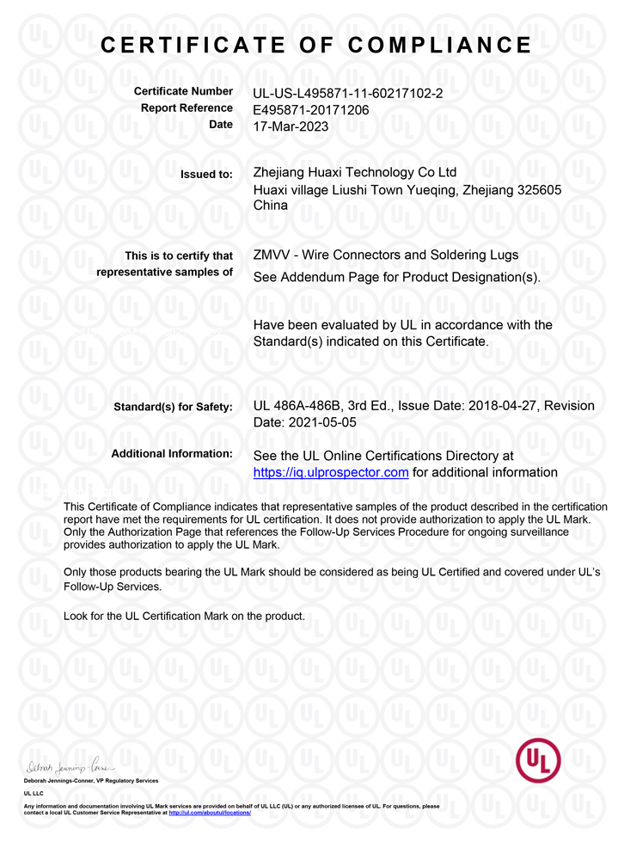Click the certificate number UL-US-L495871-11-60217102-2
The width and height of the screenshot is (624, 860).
click(348, 92)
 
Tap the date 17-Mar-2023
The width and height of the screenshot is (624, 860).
click(291, 126)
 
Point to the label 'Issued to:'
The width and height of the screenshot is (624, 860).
click(206, 175)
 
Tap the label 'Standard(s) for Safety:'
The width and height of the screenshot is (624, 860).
click(173, 407)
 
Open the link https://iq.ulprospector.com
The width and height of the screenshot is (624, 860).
click(331, 472)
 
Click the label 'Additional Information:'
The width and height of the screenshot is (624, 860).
click(172, 453)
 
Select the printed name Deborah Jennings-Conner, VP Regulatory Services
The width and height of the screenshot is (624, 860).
click(91, 780)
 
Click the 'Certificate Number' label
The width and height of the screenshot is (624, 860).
click(183, 91)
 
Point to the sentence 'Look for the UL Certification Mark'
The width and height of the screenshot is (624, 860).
click(184, 616)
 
